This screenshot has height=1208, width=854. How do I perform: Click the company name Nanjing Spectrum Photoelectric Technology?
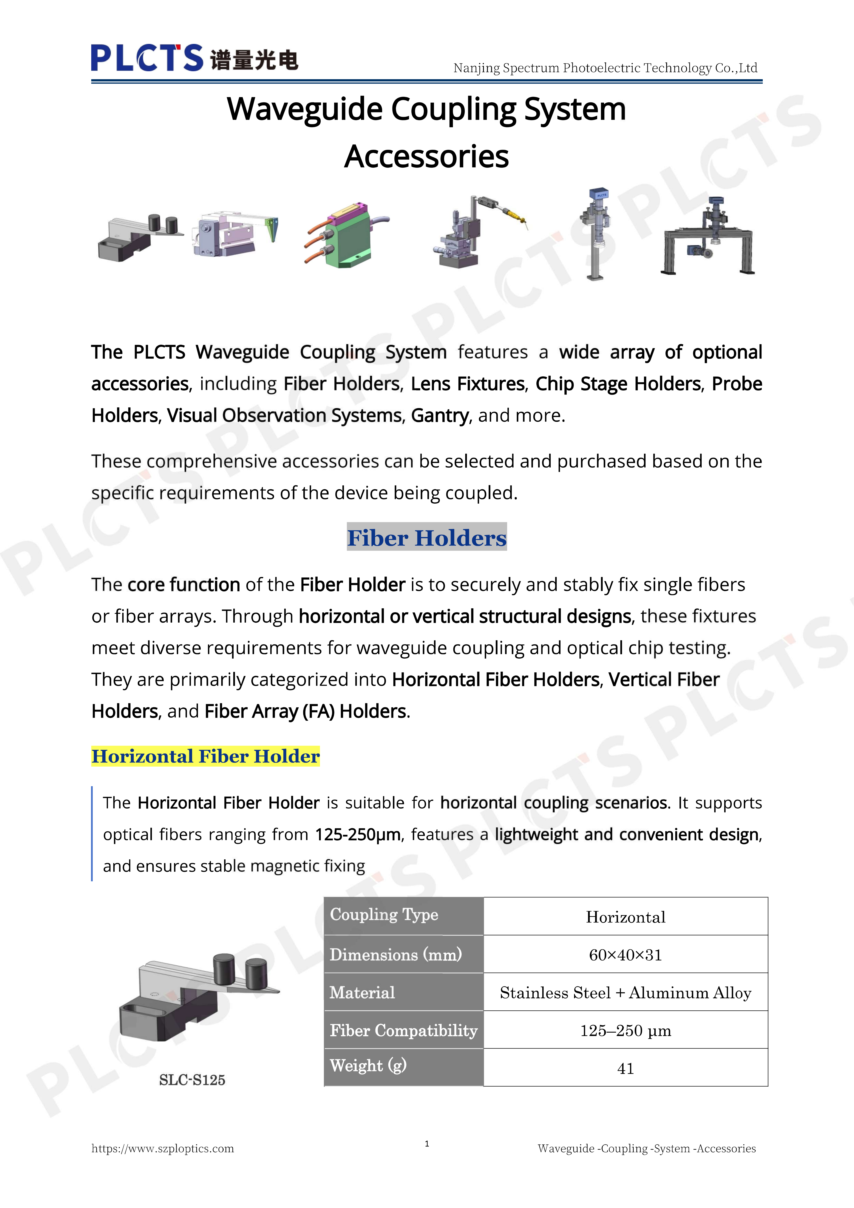coord(605,68)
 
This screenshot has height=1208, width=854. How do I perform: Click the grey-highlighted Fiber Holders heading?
coord(426,537)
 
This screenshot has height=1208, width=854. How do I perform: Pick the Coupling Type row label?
coord(384,915)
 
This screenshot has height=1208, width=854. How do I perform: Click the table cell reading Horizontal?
coord(625,917)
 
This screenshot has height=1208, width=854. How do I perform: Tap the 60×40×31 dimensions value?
coord(625,955)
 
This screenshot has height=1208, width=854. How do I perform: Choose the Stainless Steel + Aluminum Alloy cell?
coord(625,993)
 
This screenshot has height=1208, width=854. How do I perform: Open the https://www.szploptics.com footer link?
coord(162,1149)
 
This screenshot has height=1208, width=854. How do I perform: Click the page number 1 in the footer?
coord(427,1144)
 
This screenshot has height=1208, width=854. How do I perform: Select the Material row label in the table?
coord(362,993)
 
